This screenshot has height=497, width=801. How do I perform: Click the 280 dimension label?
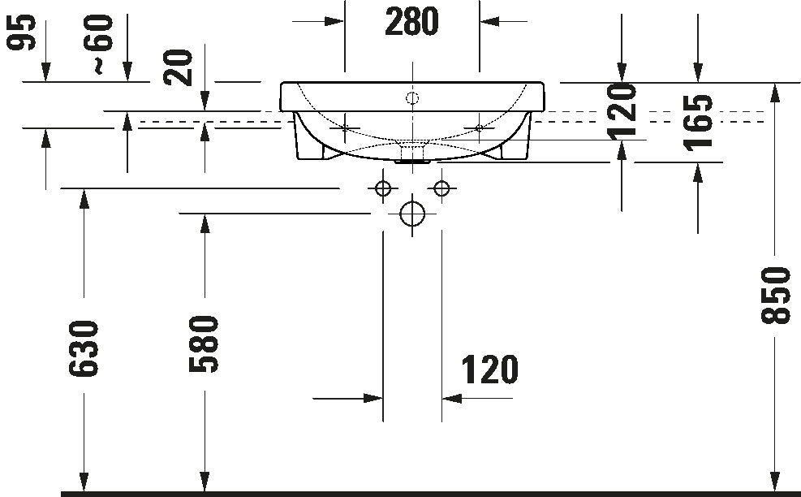[411, 21]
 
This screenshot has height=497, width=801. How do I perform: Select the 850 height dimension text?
[776, 295]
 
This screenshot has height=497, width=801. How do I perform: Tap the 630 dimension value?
[84, 348]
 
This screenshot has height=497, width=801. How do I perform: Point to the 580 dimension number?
[204, 344]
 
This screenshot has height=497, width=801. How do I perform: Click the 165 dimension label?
[698, 122]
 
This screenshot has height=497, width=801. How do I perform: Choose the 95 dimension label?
[21, 32]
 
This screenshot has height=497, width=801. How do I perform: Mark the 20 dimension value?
[179, 67]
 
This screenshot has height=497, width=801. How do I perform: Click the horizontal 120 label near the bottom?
[490, 370]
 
